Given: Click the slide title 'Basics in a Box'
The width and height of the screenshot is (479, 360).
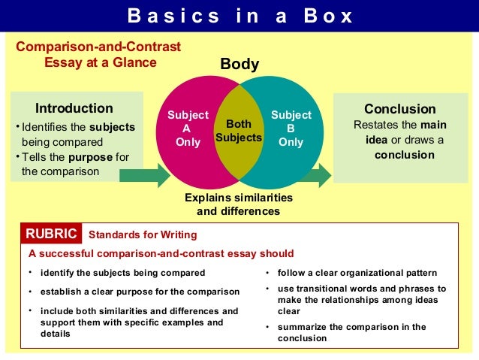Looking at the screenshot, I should [239, 16].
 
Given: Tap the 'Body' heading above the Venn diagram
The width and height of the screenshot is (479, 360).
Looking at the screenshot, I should [239, 65].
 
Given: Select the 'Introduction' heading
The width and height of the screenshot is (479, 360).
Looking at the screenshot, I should [74, 108].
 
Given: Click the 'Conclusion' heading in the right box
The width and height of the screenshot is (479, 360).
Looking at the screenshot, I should [399, 109].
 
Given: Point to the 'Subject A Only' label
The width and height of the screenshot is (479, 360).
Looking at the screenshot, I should [188, 129].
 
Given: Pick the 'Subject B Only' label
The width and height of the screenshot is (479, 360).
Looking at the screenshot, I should [291, 129].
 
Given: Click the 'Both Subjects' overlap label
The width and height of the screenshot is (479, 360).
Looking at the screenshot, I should [239, 130].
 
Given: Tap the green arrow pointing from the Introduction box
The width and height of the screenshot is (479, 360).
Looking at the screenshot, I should [144, 175].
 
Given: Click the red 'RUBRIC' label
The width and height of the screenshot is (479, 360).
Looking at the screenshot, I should [52, 234].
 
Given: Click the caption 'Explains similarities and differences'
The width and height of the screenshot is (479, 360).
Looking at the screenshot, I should [239, 204].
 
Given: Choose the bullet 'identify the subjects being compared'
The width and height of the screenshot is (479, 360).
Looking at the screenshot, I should [122, 272].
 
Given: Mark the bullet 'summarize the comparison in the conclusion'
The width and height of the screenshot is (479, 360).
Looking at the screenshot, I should [351, 332].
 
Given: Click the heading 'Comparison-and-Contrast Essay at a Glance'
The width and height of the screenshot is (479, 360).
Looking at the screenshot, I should [99, 55].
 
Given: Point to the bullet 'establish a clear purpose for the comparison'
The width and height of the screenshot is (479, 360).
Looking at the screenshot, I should [140, 292].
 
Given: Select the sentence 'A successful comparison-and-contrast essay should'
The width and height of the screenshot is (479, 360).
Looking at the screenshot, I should [161, 253].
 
